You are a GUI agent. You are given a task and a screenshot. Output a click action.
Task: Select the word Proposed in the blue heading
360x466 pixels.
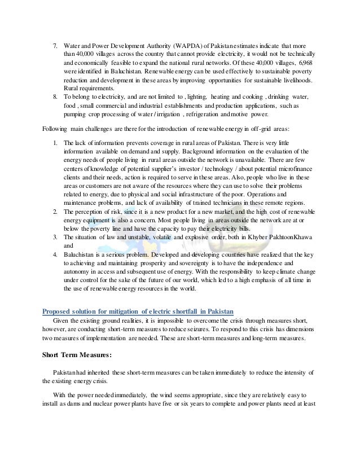tap(59, 313)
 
